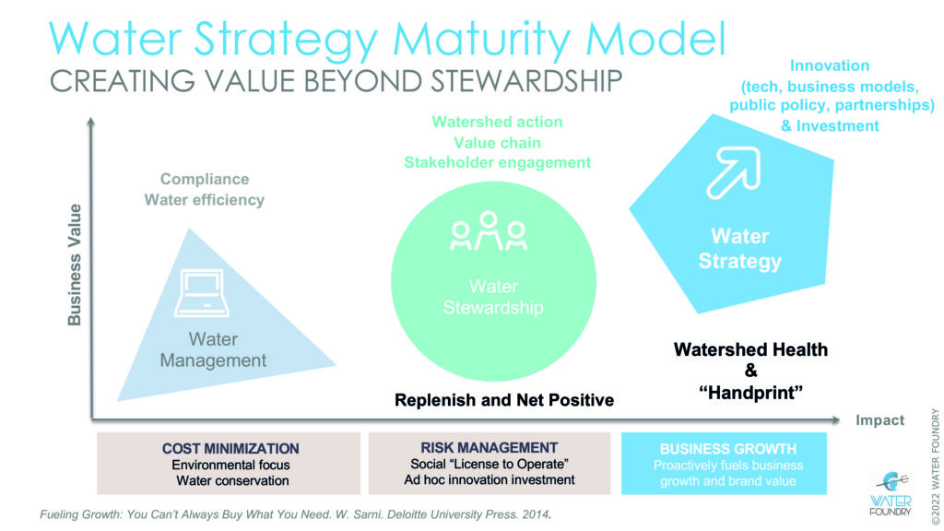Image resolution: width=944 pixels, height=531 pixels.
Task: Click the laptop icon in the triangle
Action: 202,292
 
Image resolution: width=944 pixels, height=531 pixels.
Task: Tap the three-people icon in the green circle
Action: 489,230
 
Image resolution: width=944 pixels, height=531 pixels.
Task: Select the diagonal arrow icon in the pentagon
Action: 733,172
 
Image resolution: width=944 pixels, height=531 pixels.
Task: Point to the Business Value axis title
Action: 74,265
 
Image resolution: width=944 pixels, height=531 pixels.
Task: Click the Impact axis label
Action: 879,420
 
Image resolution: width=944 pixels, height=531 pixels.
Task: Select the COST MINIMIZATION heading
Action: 230,449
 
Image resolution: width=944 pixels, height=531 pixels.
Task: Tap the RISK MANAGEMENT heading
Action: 489,447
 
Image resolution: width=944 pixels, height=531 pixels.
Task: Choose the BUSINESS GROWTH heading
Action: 728,449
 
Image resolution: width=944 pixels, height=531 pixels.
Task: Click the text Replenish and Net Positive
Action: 504,400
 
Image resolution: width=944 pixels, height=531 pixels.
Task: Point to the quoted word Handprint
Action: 750,393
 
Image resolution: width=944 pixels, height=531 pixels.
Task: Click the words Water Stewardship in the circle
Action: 493,297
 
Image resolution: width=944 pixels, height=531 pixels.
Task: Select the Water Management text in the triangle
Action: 213,349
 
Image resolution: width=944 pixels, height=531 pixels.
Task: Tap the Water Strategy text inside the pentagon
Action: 740,248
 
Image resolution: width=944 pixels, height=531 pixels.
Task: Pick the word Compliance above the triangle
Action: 205,179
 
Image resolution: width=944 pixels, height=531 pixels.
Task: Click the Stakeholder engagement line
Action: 497,162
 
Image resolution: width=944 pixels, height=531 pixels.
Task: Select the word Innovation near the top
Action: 830,65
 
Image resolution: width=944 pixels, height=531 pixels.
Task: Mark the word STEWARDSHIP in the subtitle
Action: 526,81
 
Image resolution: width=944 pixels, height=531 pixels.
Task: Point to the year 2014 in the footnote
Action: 538,514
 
